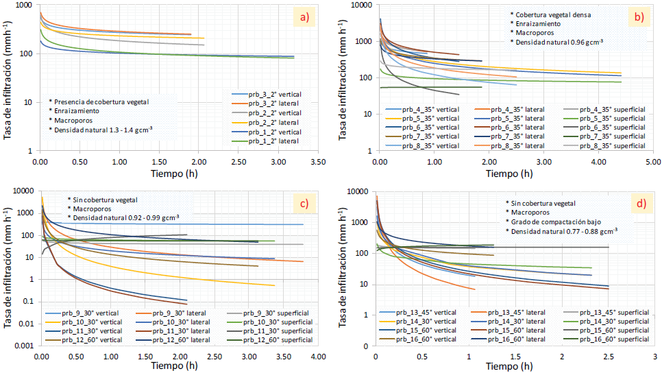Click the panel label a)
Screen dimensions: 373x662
(303, 18)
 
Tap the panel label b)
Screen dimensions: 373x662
(638, 18)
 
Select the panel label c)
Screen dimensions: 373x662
(303, 203)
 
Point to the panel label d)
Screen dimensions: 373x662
(638, 203)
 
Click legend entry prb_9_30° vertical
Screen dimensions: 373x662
(95, 313)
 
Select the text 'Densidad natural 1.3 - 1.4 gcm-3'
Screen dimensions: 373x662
(101, 128)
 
